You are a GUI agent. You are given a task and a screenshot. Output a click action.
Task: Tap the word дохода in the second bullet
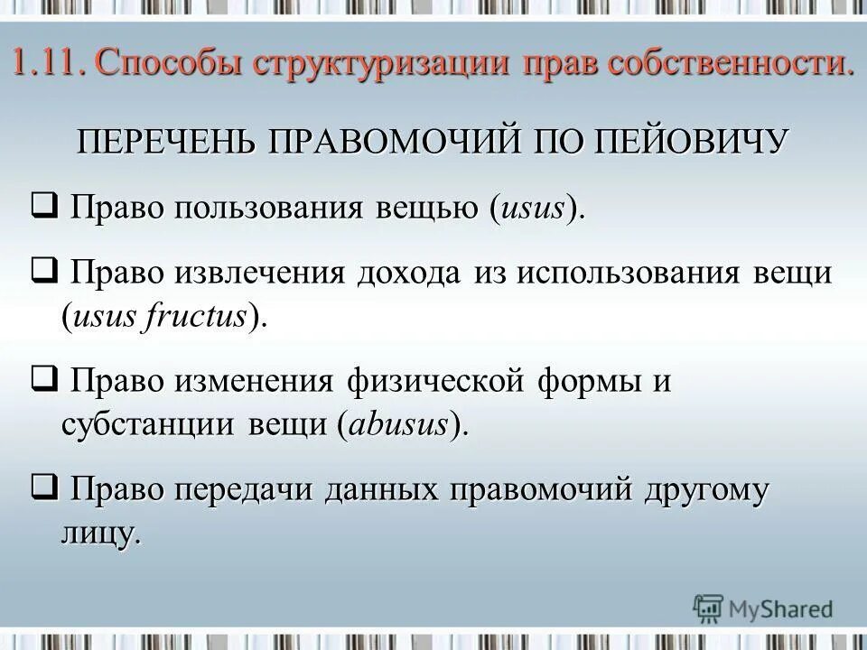point(410,274)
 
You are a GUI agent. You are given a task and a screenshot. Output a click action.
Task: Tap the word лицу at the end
point(100,534)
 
